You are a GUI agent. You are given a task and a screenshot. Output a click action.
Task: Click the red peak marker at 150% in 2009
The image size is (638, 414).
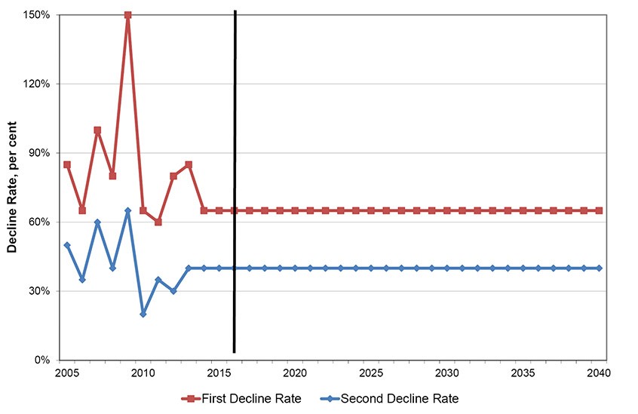click(128, 15)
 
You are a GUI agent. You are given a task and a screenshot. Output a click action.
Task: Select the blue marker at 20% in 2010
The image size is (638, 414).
click(143, 314)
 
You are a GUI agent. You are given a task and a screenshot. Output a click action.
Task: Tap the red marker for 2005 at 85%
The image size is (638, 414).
click(67, 164)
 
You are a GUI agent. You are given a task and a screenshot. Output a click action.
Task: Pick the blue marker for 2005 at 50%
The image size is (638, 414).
click(67, 245)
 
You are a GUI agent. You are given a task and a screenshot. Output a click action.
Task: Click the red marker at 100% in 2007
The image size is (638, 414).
click(97, 130)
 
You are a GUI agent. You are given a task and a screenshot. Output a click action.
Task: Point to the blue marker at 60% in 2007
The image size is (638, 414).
click(97, 222)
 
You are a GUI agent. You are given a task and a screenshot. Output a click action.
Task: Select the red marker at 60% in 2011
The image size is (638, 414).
click(158, 222)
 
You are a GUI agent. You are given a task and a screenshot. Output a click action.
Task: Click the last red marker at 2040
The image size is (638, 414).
click(600, 210)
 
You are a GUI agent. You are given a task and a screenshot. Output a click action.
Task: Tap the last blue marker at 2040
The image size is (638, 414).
click(600, 268)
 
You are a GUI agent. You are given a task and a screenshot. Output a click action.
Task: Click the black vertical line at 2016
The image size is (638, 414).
click(235, 181)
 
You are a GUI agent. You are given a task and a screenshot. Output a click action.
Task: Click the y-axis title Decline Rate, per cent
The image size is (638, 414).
click(14, 187)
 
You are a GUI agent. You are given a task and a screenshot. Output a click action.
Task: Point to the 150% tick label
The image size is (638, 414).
click(36, 15)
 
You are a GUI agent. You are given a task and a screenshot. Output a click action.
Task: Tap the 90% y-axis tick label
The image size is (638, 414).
click(38, 153)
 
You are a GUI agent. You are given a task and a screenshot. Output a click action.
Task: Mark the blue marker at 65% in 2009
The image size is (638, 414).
click(128, 211)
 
